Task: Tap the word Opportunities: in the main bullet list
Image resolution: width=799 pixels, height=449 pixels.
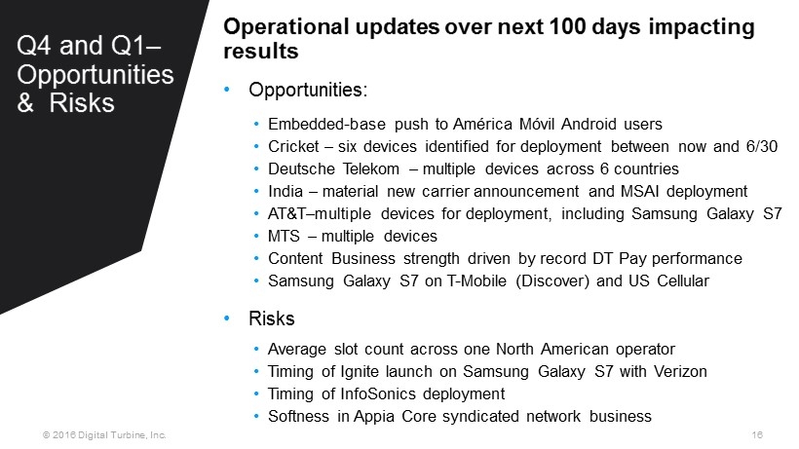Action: pos(308,91)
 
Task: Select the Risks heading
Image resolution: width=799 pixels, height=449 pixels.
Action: pos(272,318)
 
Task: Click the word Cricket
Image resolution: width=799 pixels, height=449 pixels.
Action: pos(293,147)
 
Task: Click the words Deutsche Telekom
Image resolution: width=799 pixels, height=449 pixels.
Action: pos(334,169)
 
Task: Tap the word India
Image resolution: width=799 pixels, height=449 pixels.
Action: pos(285,192)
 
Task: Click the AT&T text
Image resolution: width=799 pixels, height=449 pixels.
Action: pos(286,214)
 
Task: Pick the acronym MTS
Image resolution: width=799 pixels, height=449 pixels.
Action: pos(284,237)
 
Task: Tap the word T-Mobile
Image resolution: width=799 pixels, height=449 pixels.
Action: pos(476,281)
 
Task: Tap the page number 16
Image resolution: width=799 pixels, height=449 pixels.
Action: pos(757,434)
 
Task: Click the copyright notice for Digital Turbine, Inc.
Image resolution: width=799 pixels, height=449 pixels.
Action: pos(104,435)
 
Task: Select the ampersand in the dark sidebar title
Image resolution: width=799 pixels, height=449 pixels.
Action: pos(25,103)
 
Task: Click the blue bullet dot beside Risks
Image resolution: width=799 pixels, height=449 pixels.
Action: pos(227,318)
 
